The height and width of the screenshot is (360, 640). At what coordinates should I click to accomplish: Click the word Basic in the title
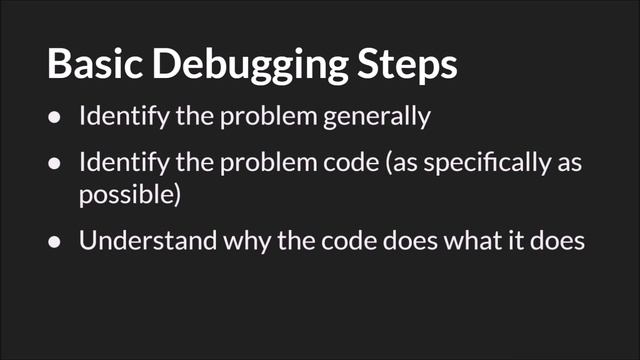pos(92,65)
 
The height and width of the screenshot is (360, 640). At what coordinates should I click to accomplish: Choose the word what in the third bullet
pos(463,241)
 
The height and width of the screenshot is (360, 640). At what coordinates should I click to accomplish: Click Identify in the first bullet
pos(117,116)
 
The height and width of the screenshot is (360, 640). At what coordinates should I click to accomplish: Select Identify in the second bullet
pos(117,163)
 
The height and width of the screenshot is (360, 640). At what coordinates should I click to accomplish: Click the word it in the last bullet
pos(507,241)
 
